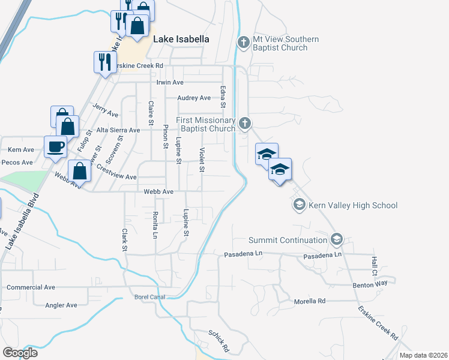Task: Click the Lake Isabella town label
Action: click(x=181, y=39)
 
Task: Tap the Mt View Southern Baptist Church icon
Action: click(x=244, y=43)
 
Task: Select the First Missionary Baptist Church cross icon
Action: click(x=244, y=124)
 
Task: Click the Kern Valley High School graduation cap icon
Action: click(x=299, y=205)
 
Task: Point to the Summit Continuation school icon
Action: click(x=336, y=240)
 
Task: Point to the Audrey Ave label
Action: click(x=194, y=98)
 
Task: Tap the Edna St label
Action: click(x=223, y=97)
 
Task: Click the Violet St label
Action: click(x=202, y=160)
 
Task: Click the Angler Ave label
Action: click(x=61, y=305)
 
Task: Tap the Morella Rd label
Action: click(x=309, y=301)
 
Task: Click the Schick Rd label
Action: click(x=220, y=341)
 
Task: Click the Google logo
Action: click(x=20, y=353)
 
